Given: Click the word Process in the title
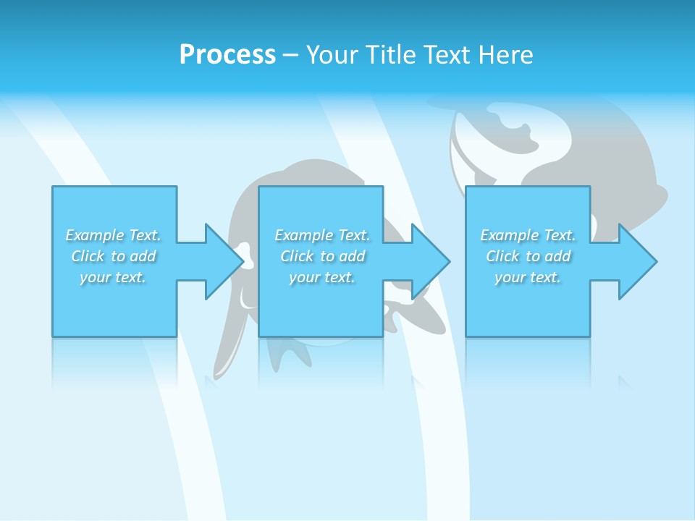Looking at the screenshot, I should click(227, 55).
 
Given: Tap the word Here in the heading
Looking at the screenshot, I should click(505, 55).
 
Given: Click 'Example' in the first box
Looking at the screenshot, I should click(95, 235).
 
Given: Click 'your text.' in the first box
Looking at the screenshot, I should click(113, 277).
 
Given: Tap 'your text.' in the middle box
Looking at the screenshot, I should click(322, 277).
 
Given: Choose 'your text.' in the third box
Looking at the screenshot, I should click(528, 277).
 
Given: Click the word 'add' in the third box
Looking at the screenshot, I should click(558, 256).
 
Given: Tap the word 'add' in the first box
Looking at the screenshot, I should click(143, 256).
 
